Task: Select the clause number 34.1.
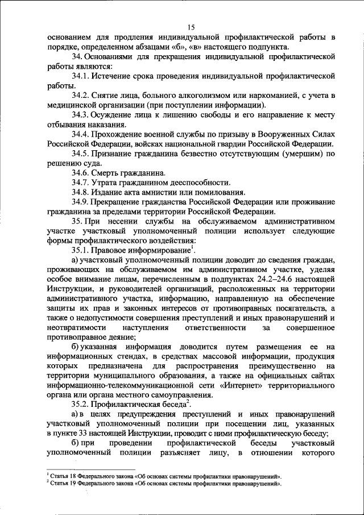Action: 82,75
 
